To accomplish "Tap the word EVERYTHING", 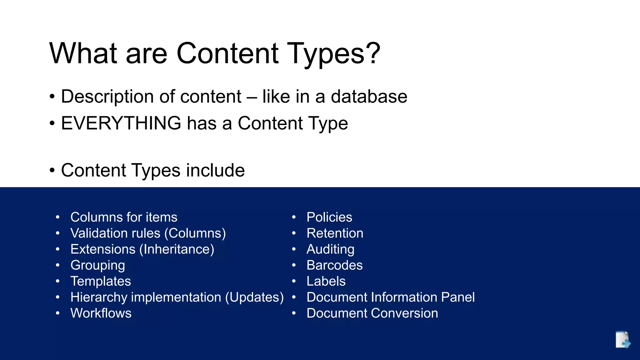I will coord(121,123).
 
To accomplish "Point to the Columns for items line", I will coord(124,217).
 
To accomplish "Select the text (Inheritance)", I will coord(177,249).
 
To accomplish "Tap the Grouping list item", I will coord(97,265).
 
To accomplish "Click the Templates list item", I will coord(101,281).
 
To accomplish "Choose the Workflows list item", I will coord(101,313).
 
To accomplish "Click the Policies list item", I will coord(329,217).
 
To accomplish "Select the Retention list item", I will coord(335,233).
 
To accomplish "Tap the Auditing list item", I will coord(330,249).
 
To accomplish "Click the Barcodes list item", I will coord(334,265).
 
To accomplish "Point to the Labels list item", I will coord(326,281).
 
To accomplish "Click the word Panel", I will coord(457,297).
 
